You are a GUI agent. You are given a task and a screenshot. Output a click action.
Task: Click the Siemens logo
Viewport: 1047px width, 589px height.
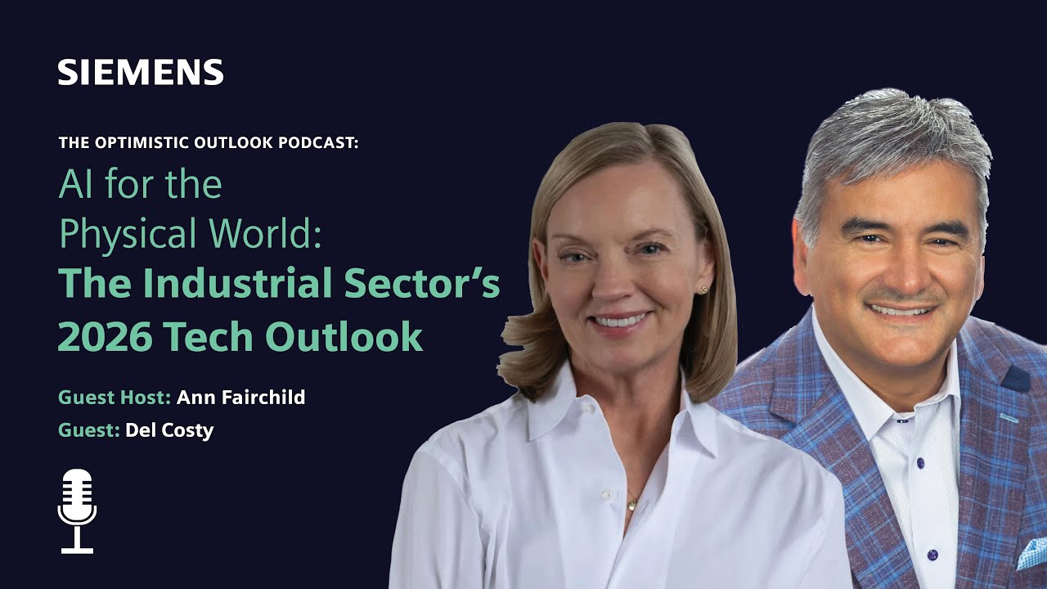click(141, 72)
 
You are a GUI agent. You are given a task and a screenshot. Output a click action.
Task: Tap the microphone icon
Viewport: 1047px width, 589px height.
click(78, 510)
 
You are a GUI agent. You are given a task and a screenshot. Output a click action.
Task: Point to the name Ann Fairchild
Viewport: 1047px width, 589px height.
click(240, 398)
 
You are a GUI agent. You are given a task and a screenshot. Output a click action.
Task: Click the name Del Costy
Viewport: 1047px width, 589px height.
click(169, 430)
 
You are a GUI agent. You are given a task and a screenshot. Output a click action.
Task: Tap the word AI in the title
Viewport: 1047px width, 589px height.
click(74, 185)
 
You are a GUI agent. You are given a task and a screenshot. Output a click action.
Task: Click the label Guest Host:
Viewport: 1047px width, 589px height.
click(114, 398)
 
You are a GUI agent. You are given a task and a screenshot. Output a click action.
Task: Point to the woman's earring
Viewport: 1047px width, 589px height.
click(703, 289)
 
